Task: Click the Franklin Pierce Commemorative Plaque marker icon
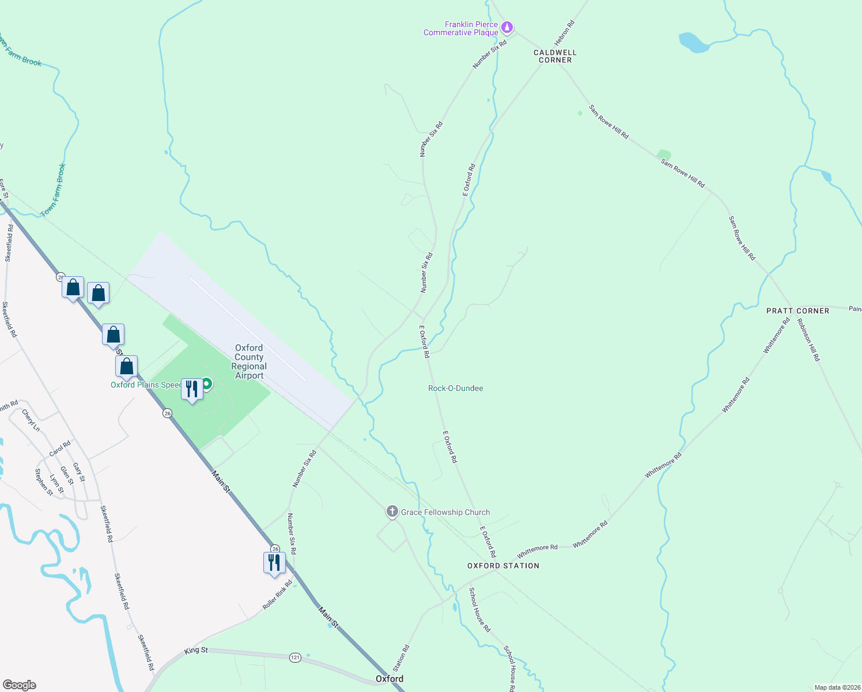point(507,27)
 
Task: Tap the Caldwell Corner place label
point(555,56)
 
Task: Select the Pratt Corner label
point(797,311)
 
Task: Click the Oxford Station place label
point(503,566)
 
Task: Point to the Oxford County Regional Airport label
point(249,362)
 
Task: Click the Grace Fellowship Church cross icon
point(392,511)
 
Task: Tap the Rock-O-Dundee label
point(455,388)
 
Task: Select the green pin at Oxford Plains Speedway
point(206,383)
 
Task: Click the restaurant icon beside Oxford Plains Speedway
point(192,389)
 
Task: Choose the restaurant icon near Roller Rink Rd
point(274,562)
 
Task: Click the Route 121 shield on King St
point(295,657)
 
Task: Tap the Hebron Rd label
point(564,33)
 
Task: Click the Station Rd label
point(401,658)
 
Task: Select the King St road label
point(196,650)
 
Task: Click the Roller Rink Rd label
point(277,595)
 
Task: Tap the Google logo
point(19,685)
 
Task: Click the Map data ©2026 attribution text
point(836,687)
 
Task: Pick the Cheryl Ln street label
point(31,420)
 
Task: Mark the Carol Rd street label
point(59,449)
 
